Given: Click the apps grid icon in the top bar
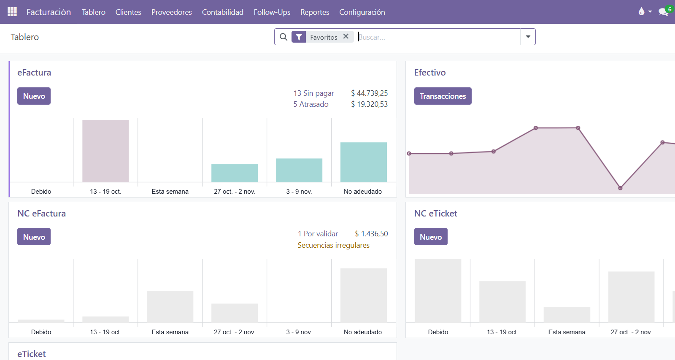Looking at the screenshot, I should coord(12,12).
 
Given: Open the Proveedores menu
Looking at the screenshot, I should coord(171,12).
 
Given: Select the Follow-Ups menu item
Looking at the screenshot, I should coord(272,12).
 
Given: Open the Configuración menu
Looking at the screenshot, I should coord(362,12).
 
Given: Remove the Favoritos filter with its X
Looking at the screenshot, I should coord(346,37).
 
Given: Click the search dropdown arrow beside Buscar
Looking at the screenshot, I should coord(528,37).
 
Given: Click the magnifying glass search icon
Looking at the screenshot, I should coord(283,37).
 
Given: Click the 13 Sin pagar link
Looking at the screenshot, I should coord(313,93).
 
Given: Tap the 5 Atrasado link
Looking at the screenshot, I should coord(310,104).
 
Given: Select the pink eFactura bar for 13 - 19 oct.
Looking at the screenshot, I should coord(105,151).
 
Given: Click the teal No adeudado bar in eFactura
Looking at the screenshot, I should coord(363,162).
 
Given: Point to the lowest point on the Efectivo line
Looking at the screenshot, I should coord(620,188).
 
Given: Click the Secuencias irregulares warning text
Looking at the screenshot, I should coord(333,245).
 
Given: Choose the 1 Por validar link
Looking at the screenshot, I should coord(318,234).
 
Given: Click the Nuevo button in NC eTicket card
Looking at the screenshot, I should coord(430,237).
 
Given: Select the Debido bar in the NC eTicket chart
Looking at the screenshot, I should coord(438,291).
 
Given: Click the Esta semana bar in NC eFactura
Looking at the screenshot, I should coord(170,307).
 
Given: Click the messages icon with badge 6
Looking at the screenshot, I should coord(664,12).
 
